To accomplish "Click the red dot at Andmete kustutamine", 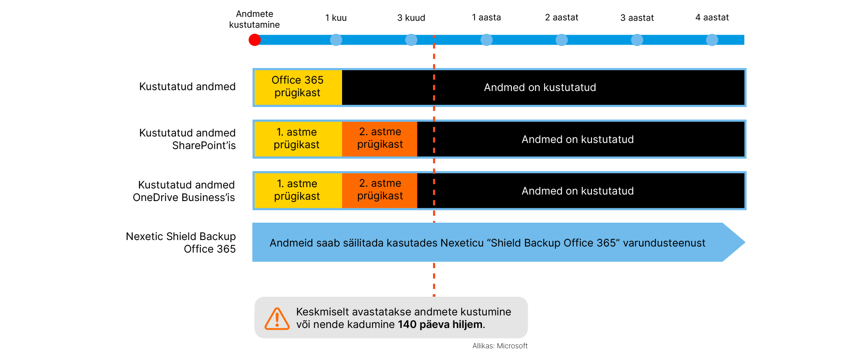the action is tap(255, 40).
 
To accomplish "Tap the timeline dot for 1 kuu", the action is tap(336, 40).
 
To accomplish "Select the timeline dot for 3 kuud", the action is tap(411, 40).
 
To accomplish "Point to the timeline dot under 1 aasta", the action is tap(487, 40).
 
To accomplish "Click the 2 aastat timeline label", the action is tap(562, 17).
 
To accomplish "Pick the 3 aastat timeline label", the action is tap(637, 18).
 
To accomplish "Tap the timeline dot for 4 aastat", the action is tap(712, 40).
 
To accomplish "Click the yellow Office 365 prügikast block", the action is tap(298, 87).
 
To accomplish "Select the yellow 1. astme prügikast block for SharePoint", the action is tap(298, 139).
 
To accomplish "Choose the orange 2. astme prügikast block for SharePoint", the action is tap(380, 139).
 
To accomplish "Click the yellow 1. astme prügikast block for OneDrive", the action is tap(298, 191).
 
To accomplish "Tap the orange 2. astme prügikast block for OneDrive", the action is tap(380, 191).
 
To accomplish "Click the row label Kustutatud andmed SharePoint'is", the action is tap(187, 139).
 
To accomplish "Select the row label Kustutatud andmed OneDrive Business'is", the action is tap(184, 191).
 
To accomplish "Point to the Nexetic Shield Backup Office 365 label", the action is tap(181, 243).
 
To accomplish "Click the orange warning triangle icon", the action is tap(277, 318).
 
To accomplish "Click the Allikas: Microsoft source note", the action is tap(500, 346).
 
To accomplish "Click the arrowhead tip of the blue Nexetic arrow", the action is tap(745, 242).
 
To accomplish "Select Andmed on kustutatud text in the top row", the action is tap(540, 88).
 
